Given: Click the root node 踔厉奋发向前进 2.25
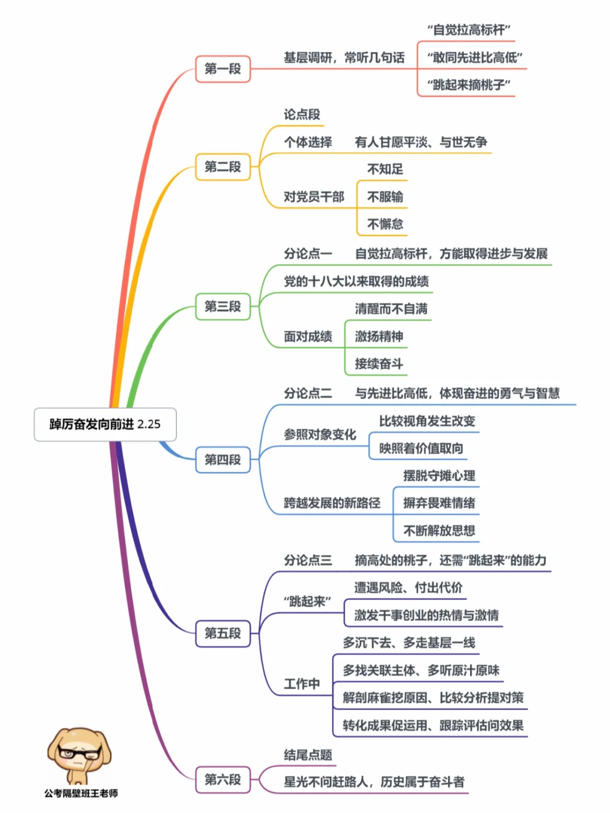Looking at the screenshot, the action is point(105,424).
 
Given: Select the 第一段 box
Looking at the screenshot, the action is point(223,69).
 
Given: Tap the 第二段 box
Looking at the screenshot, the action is point(223,167).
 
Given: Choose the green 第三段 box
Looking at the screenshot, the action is point(223,306).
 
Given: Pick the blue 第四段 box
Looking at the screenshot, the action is point(223,460).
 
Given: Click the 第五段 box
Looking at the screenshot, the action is point(223,633).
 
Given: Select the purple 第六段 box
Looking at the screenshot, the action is point(223,779).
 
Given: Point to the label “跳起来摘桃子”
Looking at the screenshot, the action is point(469,85).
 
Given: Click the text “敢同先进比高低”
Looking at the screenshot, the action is point(474,58).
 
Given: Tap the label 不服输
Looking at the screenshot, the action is point(385,196).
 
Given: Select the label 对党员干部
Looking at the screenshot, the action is point(314,196).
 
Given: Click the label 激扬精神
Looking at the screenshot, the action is point(378,336).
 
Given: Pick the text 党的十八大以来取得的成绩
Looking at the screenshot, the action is point(356,281).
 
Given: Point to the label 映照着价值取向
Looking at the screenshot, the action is point(421,448).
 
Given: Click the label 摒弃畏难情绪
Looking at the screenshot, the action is point(439,503).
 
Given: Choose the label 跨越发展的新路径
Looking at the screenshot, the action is point(332,503).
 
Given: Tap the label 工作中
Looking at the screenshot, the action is point(302,684).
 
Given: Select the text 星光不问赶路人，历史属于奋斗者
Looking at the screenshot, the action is point(374,782).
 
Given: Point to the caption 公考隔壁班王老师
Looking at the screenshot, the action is point(81,793).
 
